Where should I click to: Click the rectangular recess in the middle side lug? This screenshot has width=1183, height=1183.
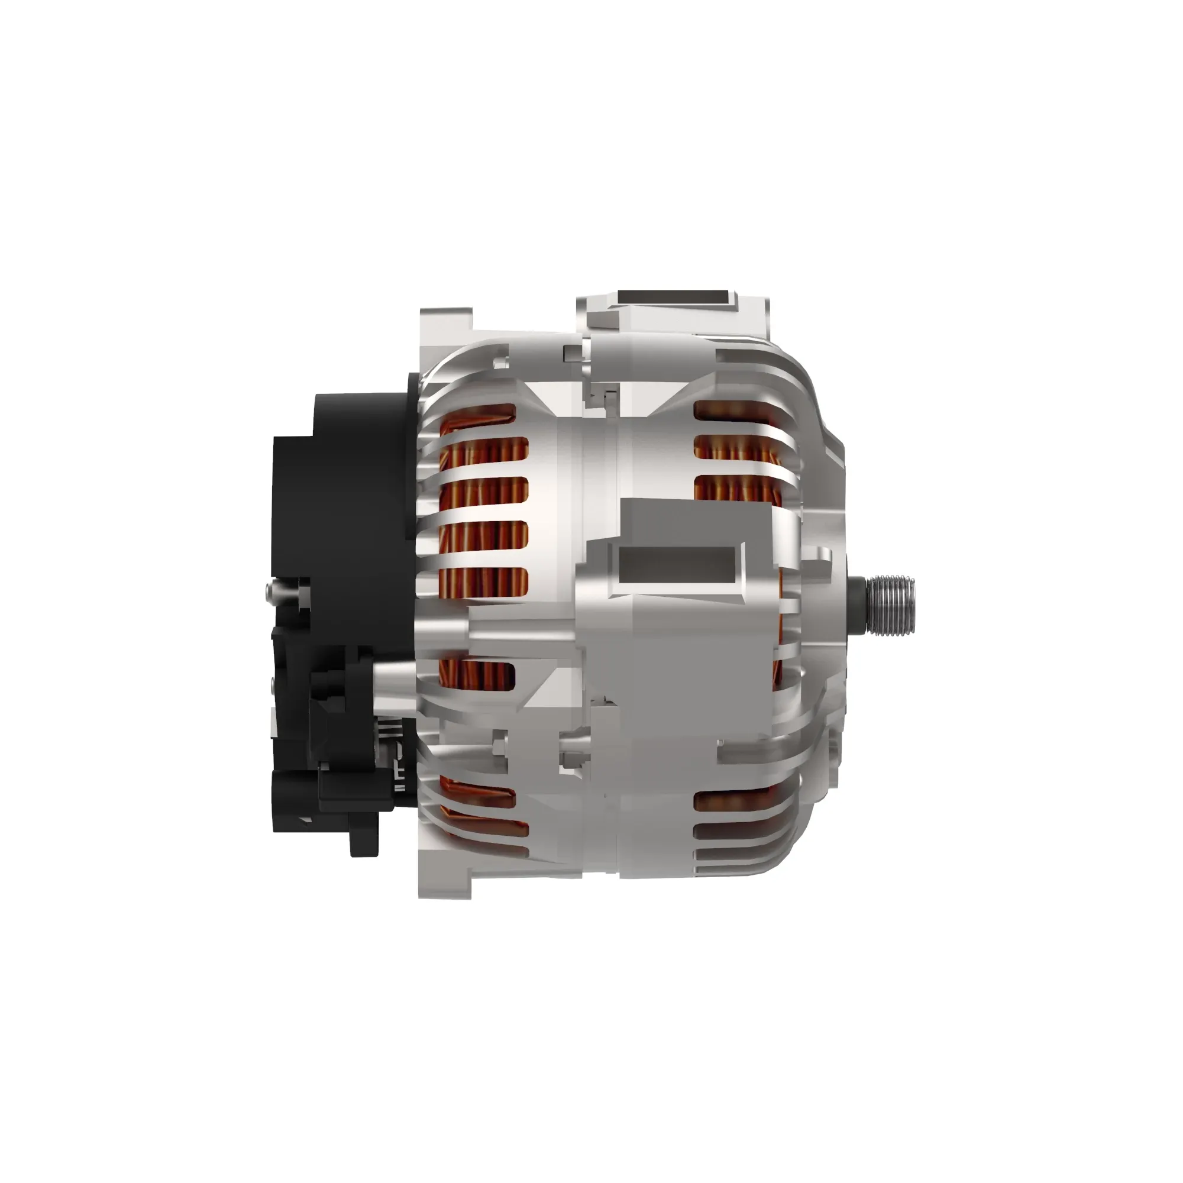pos(677,564)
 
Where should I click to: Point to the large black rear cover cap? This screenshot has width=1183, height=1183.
pos(355,490)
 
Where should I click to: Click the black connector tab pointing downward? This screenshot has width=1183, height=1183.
pos(363,840)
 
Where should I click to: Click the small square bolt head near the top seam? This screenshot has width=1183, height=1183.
pos(571,351)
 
